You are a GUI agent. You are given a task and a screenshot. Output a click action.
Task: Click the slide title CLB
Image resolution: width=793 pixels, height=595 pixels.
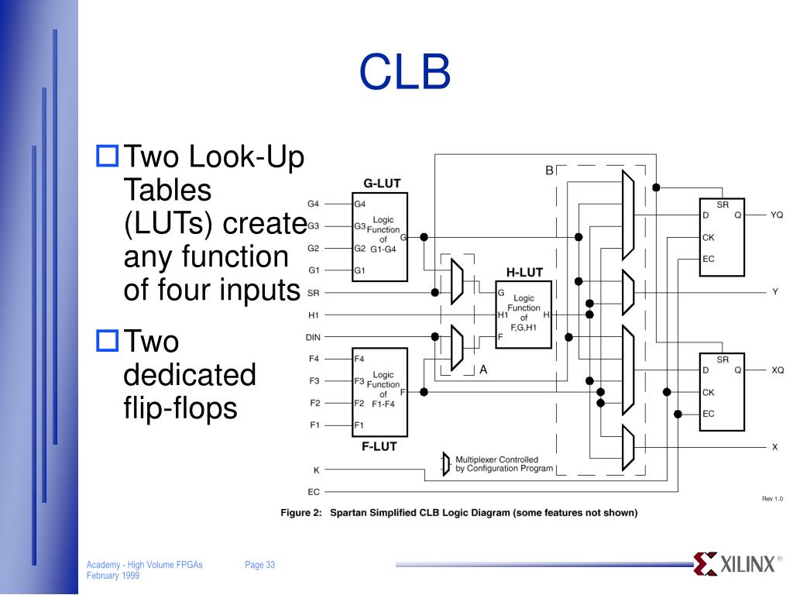404,72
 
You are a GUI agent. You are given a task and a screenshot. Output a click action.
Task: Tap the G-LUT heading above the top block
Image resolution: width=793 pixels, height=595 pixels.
382,184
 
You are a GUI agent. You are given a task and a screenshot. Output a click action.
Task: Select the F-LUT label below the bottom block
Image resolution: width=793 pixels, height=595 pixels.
379,446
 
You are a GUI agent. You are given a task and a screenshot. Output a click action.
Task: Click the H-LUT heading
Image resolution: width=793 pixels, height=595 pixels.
524,272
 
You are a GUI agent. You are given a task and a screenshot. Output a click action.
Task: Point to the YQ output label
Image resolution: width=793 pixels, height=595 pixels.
777,215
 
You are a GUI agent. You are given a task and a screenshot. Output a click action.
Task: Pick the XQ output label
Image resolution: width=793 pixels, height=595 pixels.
777,370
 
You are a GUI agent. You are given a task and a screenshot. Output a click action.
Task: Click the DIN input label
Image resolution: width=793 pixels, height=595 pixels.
313,337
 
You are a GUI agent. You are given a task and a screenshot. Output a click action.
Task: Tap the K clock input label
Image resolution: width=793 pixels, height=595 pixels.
316,470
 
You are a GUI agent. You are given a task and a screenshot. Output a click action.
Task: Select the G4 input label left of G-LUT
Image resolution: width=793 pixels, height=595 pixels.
313,205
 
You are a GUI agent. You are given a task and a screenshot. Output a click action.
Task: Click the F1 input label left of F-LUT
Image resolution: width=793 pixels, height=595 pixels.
314,425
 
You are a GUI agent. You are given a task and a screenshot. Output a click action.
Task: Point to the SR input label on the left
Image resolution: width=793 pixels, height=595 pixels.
313,293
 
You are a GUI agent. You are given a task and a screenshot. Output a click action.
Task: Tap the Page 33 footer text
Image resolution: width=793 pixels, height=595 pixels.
259,566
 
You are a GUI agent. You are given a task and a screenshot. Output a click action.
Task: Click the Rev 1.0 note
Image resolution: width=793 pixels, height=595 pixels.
772,499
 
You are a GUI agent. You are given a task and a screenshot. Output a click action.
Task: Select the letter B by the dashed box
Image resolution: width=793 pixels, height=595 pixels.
549,170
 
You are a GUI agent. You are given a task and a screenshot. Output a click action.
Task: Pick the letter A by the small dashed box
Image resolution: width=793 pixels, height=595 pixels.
483,370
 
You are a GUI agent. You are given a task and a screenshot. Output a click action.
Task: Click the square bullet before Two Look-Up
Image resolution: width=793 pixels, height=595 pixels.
107,157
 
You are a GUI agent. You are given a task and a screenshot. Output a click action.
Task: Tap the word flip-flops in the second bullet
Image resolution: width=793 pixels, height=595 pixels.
180,408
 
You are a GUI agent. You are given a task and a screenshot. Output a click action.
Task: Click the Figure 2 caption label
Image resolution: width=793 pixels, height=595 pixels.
300,512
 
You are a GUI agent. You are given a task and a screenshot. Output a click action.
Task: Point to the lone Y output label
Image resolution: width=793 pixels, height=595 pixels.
774,292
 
